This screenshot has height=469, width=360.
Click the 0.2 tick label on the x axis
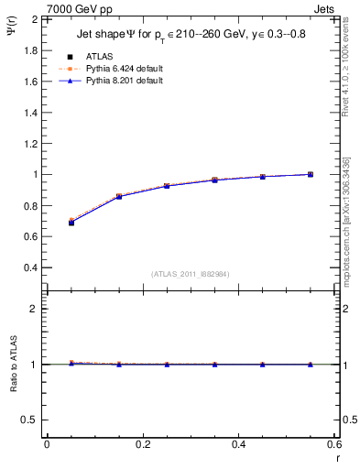coord(142,444)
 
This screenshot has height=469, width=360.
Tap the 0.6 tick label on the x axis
coord(333,444)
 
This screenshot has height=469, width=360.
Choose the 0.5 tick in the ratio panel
coord(30,420)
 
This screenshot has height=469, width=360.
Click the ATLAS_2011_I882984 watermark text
coord(191,274)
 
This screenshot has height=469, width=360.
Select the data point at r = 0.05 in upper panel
coord(71,222)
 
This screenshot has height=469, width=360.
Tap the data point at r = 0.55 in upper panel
coord(311,174)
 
